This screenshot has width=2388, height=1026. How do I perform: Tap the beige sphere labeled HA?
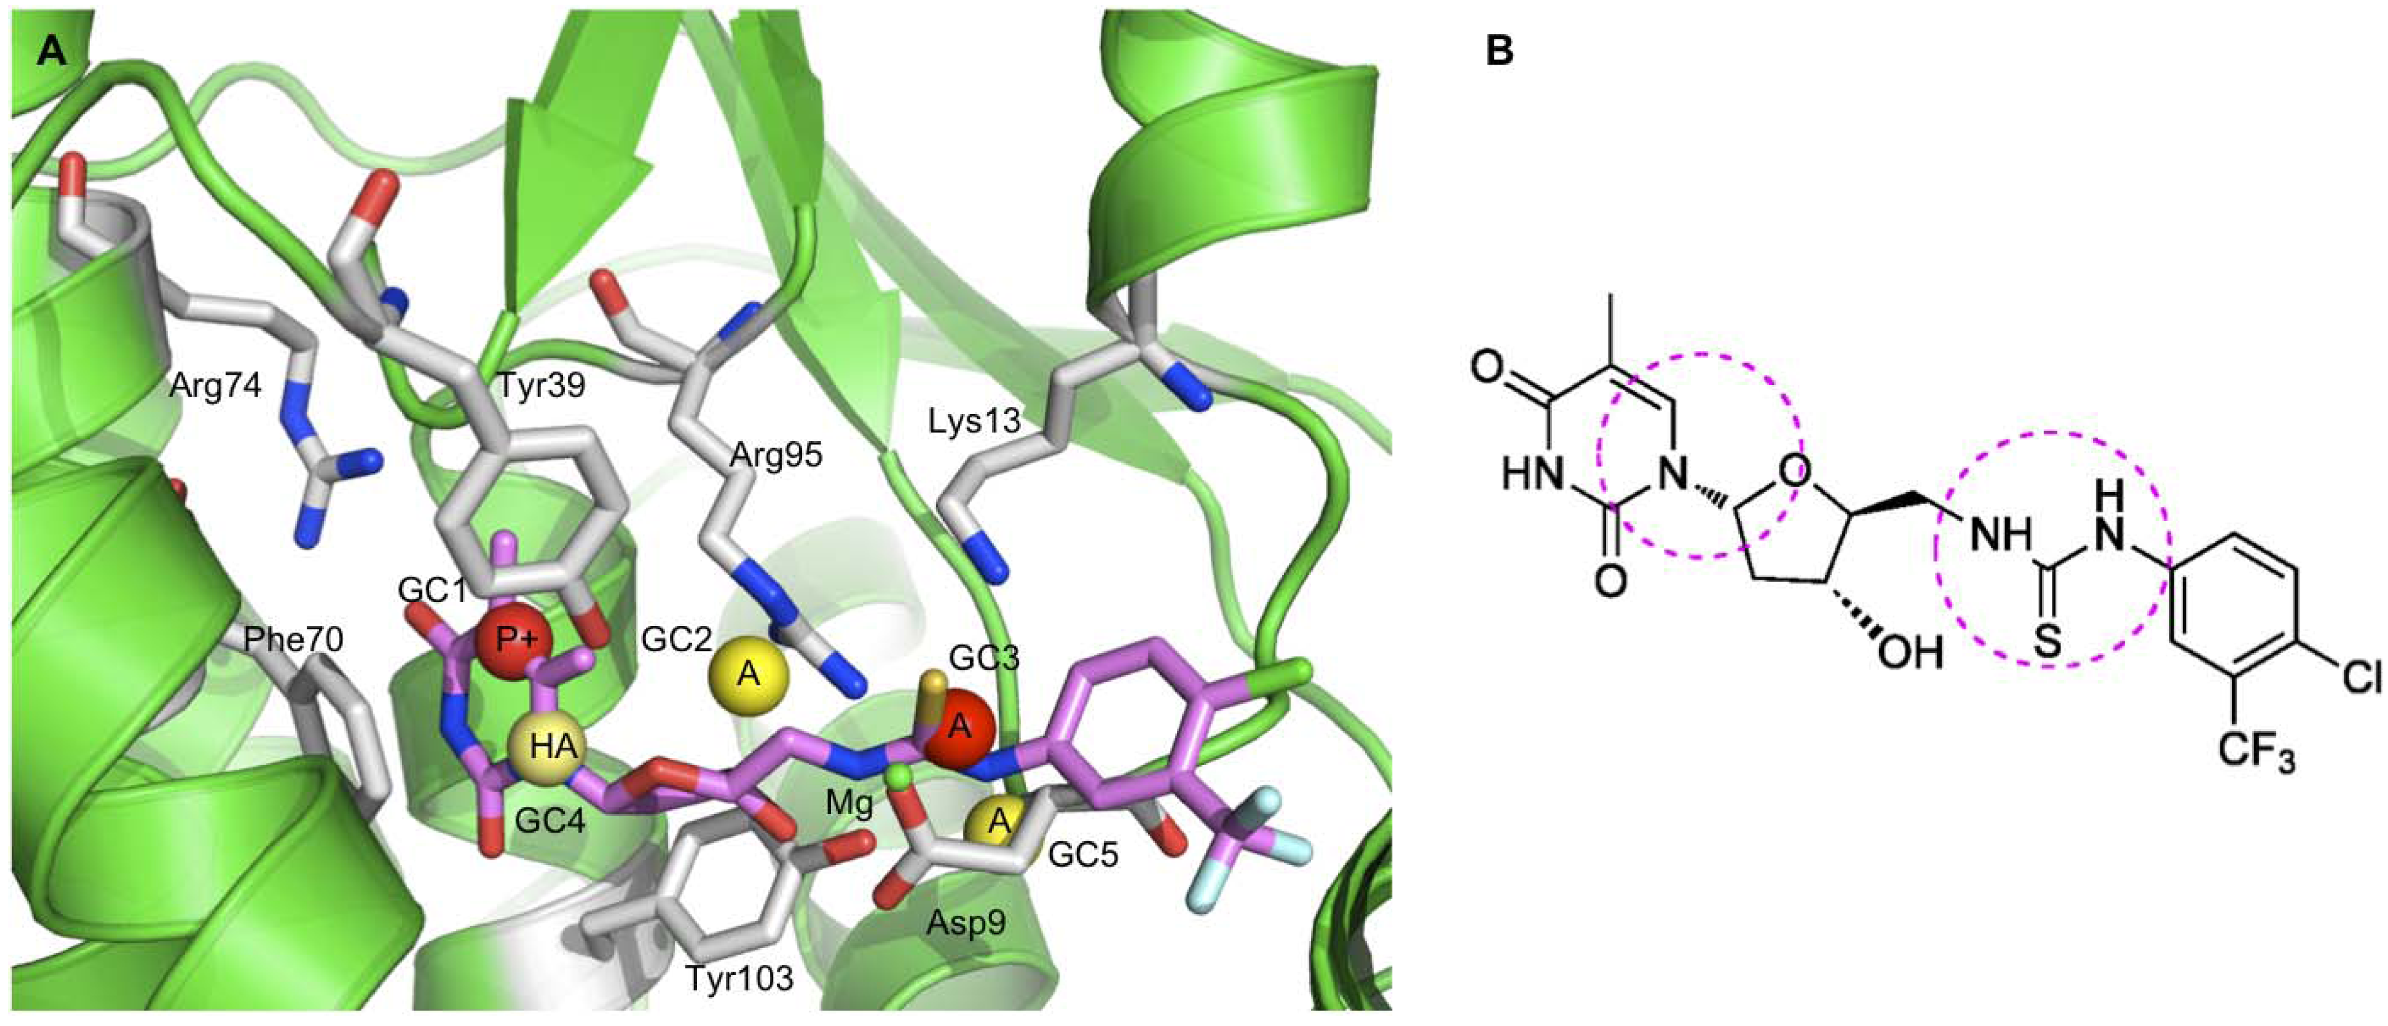[x=547, y=746]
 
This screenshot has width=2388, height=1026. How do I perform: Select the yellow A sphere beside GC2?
[x=748, y=675]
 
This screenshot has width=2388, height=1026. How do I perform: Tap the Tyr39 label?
[x=542, y=386]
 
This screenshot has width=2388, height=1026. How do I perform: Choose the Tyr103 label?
[x=739, y=978]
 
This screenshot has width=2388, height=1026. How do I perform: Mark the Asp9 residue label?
[x=967, y=922]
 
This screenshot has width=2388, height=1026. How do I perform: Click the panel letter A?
[x=52, y=52]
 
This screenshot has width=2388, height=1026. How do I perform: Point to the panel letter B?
[x=1499, y=52]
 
